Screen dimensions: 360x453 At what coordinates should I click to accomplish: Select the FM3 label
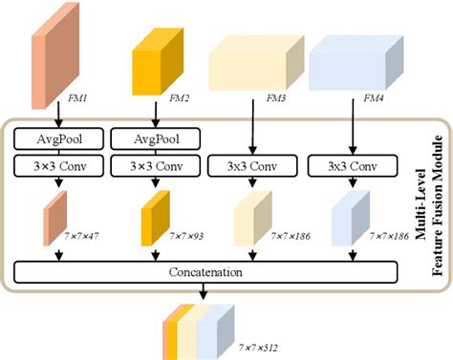(279, 98)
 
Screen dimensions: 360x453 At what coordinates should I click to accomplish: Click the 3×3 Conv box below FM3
(252, 165)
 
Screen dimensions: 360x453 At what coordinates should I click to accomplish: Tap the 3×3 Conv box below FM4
(352, 165)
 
